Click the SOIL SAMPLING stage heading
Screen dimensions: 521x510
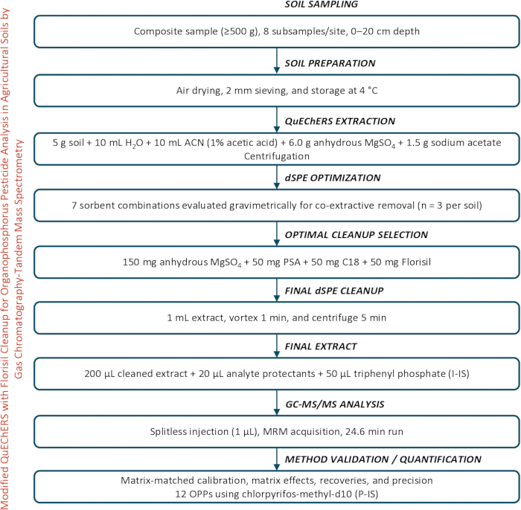click(322, 4)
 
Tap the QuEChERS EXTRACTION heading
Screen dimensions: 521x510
click(340, 121)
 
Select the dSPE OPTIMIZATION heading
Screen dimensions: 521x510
click(333, 178)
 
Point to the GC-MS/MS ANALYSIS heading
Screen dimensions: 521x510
click(335, 404)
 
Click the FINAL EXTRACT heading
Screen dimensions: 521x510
click(321, 346)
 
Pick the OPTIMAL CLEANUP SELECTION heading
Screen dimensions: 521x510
click(357, 235)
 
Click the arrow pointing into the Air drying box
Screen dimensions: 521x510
click(276, 61)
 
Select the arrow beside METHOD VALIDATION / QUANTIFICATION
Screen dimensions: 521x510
click(276, 459)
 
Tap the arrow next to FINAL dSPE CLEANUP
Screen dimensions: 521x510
click(276, 290)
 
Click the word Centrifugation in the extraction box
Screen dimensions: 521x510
click(277, 156)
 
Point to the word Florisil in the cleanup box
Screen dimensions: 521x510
click(416, 262)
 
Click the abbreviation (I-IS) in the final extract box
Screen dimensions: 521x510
click(458, 374)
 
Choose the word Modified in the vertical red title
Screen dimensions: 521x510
click(5, 488)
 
